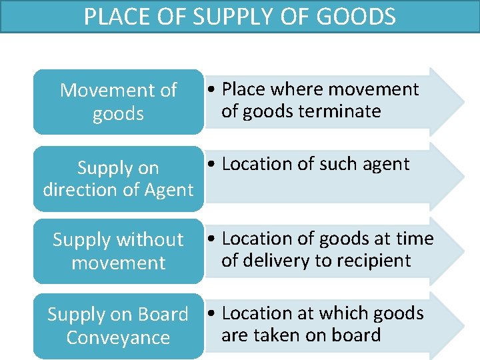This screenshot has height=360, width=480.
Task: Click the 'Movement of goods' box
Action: [118, 102]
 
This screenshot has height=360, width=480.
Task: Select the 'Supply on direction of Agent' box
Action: [118, 179]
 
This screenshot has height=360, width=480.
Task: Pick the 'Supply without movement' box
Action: [118, 251]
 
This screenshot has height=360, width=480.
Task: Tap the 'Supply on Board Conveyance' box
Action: [118, 325]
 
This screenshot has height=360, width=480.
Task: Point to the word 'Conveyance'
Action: [118, 337]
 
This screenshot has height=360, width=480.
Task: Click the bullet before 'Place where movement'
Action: [211, 90]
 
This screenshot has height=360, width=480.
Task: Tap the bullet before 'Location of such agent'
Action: [211, 165]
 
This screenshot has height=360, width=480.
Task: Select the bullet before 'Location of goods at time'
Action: [211, 239]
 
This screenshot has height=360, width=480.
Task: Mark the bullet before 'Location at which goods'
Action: [211, 314]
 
